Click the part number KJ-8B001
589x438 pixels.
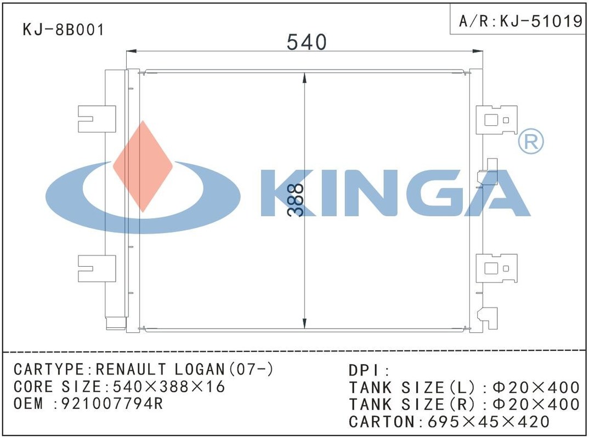tap(64, 30)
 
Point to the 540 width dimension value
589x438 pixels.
tap(307, 42)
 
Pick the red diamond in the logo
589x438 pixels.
tap(143, 166)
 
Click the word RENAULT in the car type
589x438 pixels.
tap(131, 370)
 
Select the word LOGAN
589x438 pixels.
tap(200, 370)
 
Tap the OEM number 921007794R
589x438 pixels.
tap(112, 404)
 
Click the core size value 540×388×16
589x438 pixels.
tap(169, 387)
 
